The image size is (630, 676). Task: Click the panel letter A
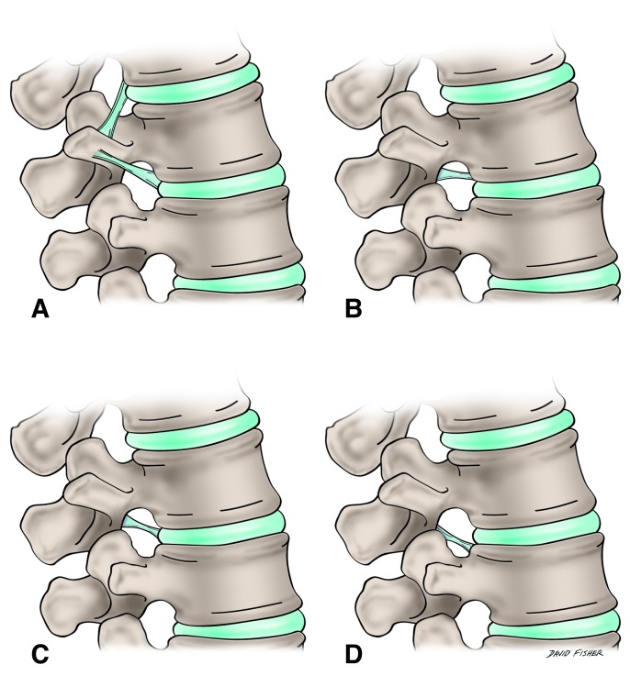39,310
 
